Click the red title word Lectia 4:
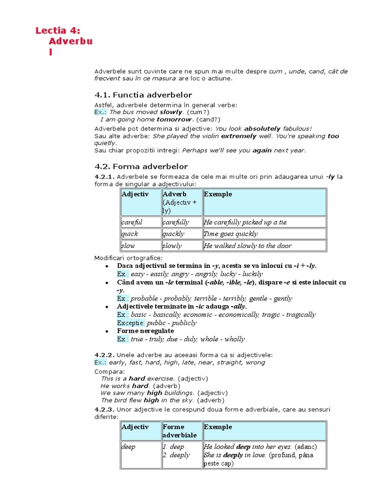pos(57,31)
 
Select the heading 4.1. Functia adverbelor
pos(143,95)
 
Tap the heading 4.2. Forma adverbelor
pos(141,166)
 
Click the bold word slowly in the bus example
pos(171,112)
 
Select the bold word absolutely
pos(262,129)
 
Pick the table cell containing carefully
pos(182,222)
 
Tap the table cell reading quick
pos(140,234)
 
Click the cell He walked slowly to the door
pos(264,246)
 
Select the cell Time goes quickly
pos(264,234)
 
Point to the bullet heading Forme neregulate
pos(145,331)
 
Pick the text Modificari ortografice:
pos(129,258)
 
